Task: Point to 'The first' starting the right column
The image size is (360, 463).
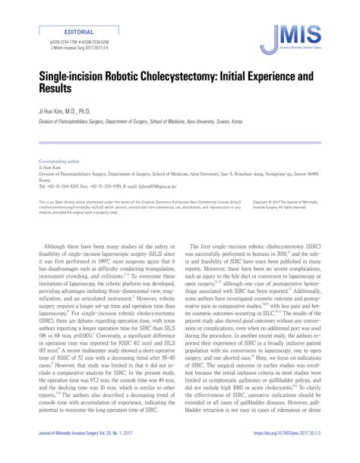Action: tap(201, 246)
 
